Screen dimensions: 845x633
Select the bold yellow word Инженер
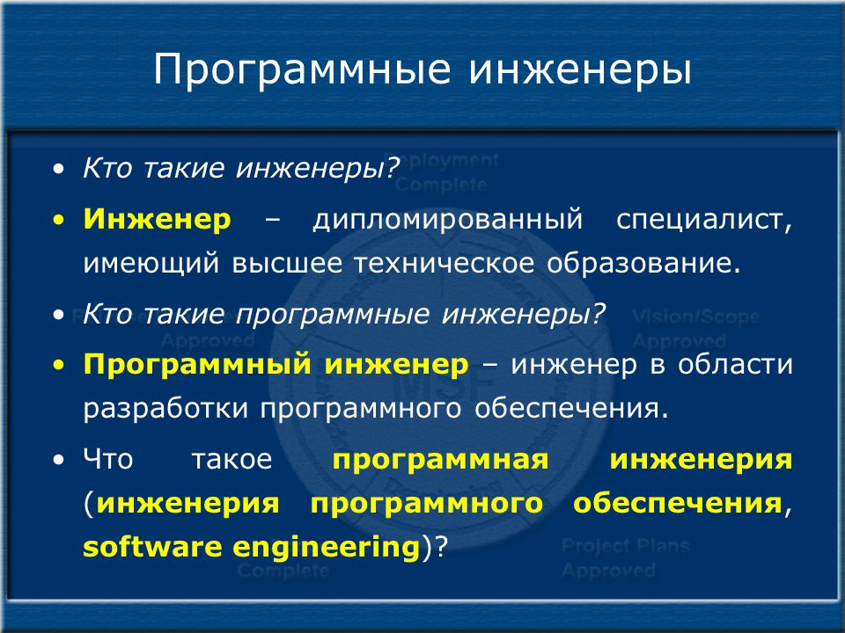158,220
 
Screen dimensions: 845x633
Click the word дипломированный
448,221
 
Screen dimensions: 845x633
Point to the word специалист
704,221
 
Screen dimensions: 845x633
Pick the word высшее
287,263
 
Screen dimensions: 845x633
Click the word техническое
444,263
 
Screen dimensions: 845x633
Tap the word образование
643,262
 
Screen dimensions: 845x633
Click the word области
735,364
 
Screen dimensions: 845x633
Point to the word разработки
165,409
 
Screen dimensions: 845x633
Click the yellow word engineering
327,548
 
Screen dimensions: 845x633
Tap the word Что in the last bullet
108,459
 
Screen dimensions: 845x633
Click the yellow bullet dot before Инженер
59,220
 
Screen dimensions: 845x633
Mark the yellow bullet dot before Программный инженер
59,366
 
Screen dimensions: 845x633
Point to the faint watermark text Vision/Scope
695,316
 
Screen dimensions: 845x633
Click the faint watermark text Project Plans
626,546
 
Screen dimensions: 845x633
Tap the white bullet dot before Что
59,460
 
